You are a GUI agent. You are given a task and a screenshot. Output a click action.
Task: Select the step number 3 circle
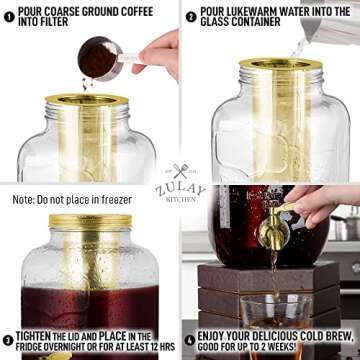point(9,338)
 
